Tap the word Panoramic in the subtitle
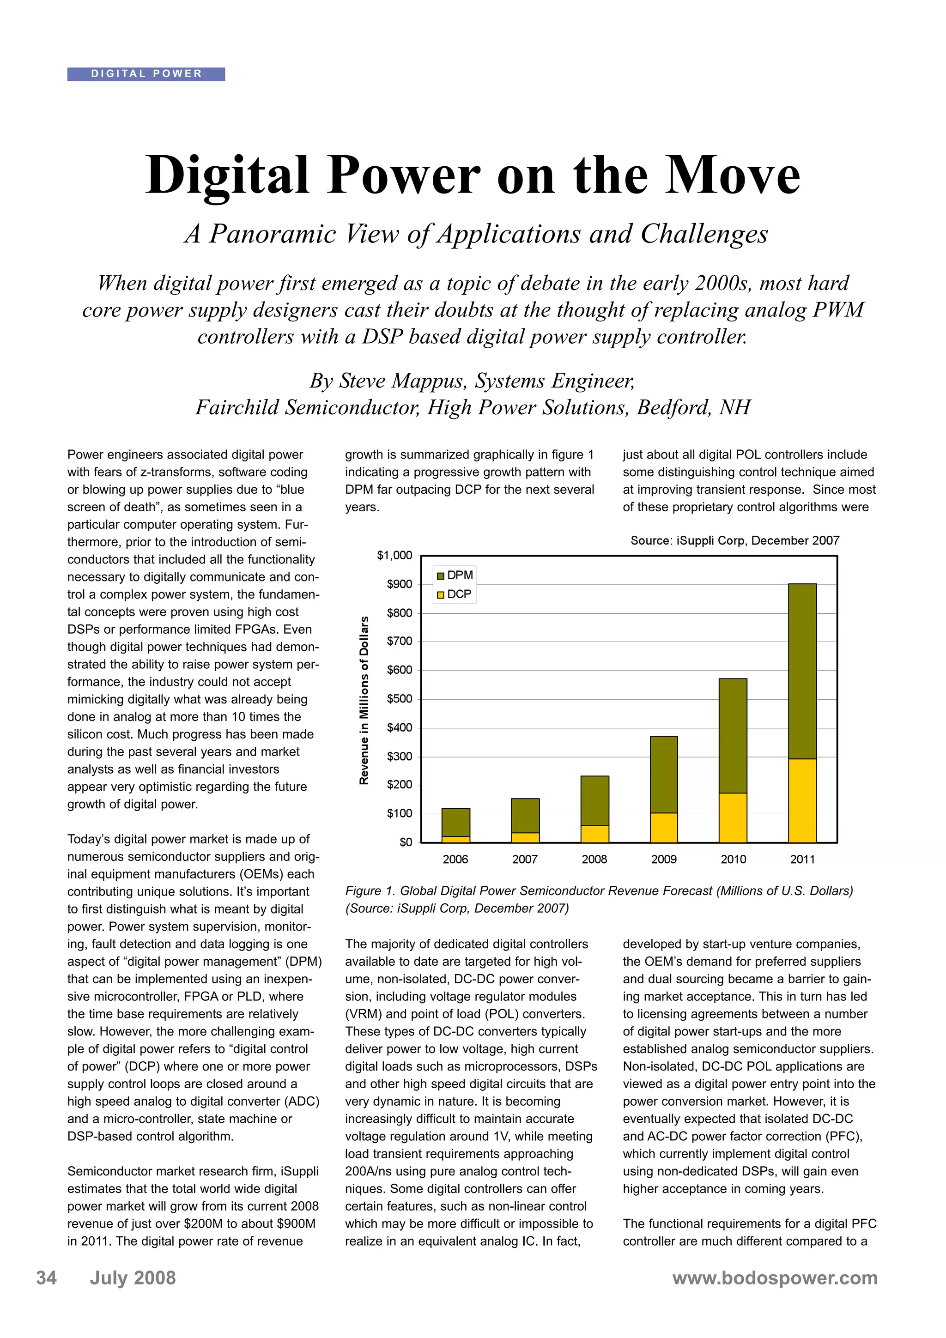point(272,234)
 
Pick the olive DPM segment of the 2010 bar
point(733,735)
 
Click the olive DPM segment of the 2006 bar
point(455,822)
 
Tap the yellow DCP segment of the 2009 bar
point(663,828)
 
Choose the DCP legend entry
point(454,594)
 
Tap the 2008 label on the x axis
point(594,860)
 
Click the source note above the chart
point(734,540)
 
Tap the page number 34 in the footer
point(47,1278)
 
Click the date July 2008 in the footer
point(132,1278)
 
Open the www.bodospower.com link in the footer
point(775,1278)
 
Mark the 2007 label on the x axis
point(525,860)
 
